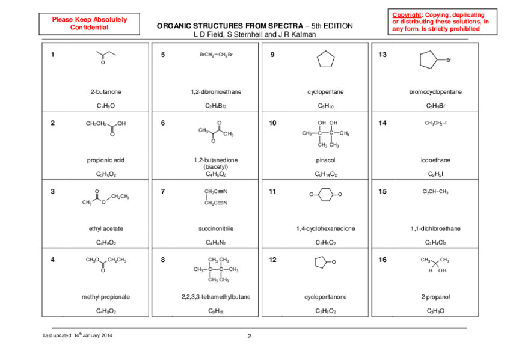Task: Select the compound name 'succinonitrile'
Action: [216, 228]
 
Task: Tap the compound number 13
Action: [382, 55]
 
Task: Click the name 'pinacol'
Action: [325, 160]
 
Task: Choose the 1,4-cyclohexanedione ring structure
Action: [325, 195]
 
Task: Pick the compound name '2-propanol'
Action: [436, 297]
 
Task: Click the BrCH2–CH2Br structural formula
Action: [216, 55]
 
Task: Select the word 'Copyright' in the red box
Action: [407, 14]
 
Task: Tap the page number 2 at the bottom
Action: [249, 336]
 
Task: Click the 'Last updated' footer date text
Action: [78, 335]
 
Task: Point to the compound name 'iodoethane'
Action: [436, 160]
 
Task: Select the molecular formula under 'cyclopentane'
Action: [325, 106]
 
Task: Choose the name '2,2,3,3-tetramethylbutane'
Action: [216, 297]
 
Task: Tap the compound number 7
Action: [163, 192]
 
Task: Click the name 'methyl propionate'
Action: [106, 297]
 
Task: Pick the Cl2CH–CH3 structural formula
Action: [436, 192]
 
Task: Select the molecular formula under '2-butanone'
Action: [106, 106]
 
